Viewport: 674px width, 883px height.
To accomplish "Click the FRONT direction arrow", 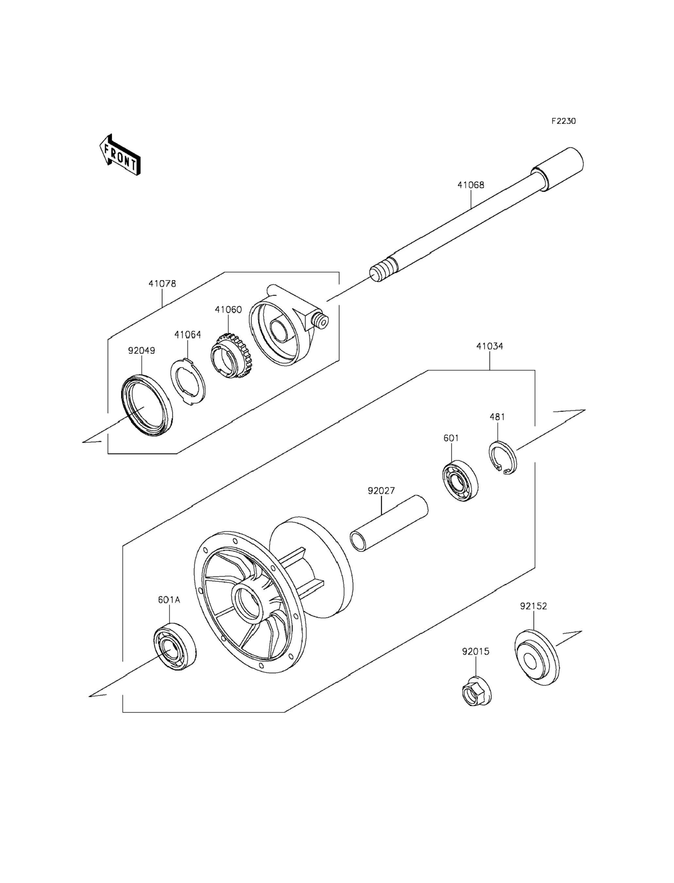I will (x=120, y=155).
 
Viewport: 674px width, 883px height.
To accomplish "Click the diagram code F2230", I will (x=563, y=121).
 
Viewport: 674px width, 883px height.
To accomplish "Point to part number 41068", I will (x=471, y=185).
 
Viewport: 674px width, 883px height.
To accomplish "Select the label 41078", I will (x=162, y=284).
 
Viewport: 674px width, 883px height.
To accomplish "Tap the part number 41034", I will (x=489, y=346).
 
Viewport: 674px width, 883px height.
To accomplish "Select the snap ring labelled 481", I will (x=503, y=457).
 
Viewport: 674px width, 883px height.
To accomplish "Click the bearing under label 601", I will (x=460, y=482).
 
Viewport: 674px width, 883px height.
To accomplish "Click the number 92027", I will (x=381, y=491).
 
